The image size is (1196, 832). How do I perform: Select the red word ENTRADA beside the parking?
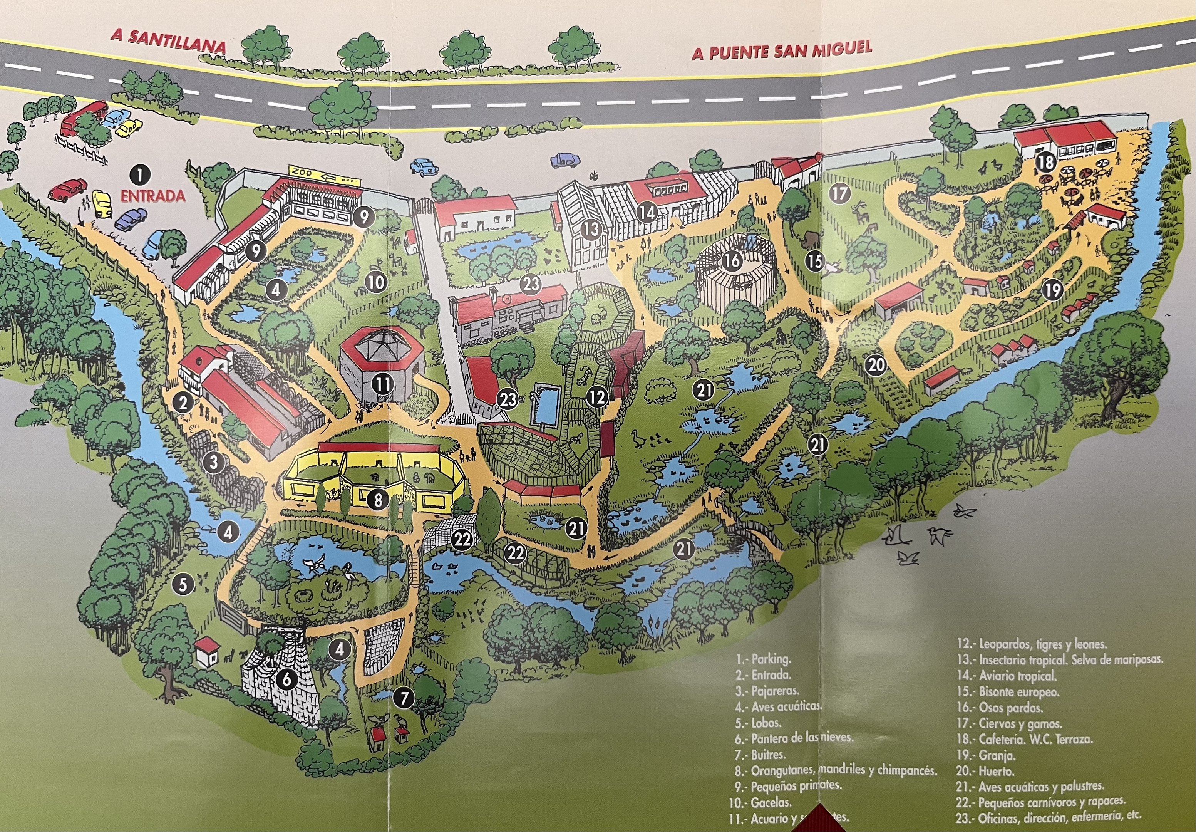[x=153, y=196]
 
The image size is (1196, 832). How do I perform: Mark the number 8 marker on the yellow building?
[x=378, y=500]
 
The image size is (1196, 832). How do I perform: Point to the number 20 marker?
[x=876, y=365]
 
